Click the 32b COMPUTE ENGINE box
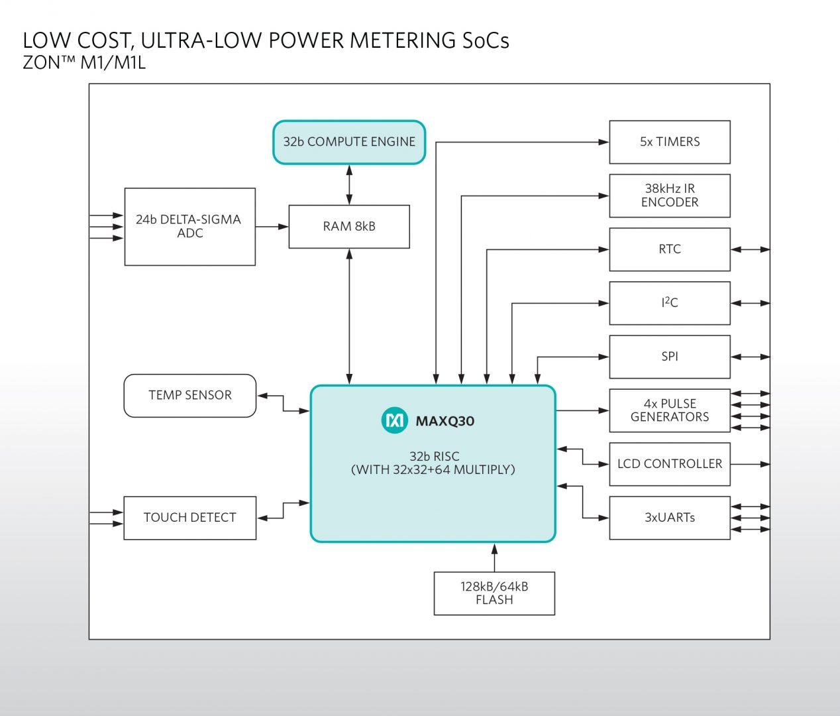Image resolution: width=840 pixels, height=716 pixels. (x=349, y=142)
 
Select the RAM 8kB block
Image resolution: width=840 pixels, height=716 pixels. (x=349, y=227)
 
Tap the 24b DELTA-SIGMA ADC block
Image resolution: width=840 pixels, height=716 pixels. (x=189, y=227)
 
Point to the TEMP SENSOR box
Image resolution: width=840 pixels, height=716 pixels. (x=189, y=396)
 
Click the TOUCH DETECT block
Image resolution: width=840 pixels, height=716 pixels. (x=189, y=518)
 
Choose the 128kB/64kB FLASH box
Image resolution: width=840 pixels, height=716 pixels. (x=494, y=593)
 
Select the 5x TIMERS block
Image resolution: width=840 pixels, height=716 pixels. (x=670, y=142)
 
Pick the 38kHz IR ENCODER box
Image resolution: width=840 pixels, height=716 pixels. (x=670, y=196)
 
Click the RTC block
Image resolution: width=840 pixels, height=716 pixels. (x=670, y=249)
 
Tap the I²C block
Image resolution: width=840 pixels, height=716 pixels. (x=670, y=303)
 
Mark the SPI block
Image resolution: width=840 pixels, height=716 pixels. (x=670, y=357)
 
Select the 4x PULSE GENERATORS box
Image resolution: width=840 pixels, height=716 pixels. (x=670, y=410)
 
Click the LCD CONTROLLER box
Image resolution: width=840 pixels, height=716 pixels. (x=670, y=464)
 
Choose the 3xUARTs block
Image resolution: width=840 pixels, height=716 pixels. (x=670, y=518)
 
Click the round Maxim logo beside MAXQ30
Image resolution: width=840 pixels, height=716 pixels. (x=395, y=420)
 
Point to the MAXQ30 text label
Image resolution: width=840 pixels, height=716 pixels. (x=445, y=421)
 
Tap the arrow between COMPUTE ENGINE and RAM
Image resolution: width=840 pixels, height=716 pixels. (x=349, y=185)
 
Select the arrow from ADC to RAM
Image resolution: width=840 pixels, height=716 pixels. (x=272, y=227)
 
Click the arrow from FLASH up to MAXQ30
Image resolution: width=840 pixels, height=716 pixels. (x=494, y=558)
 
